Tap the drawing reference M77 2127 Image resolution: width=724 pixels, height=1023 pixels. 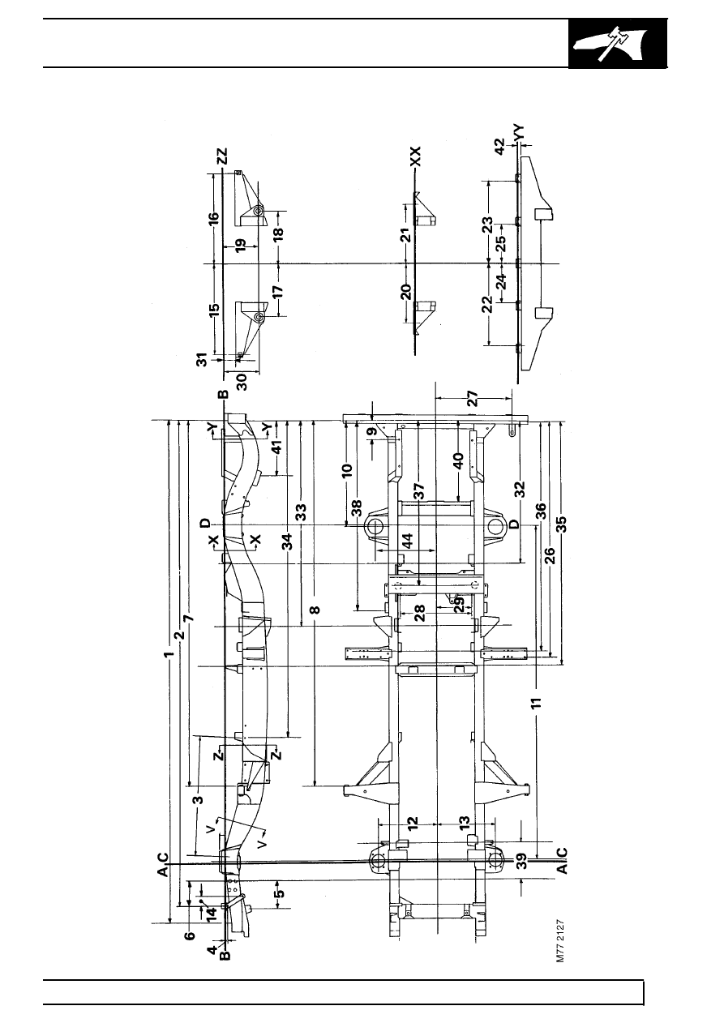coord(561,942)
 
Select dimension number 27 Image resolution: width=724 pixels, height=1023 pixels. coord(473,398)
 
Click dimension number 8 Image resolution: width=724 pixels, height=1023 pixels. coord(315,610)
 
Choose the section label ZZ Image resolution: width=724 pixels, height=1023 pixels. coord(222,156)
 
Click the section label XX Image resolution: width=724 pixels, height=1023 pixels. coord(415,156)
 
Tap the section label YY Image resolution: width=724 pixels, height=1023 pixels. coord(518,133)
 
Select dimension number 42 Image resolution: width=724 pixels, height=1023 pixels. coord(499,146)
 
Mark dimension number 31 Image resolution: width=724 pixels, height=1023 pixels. coord(203,359)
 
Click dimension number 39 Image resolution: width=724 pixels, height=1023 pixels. coord(523,862)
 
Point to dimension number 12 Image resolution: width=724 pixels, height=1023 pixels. coord(412,824)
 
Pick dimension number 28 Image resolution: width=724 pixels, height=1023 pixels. coord(419,613)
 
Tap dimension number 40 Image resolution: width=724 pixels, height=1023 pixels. coord(458,460)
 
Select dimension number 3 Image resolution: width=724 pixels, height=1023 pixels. coord(199,800)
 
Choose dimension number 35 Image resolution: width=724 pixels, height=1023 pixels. coord(561,524)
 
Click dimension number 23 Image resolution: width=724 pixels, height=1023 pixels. coord(488,225)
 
